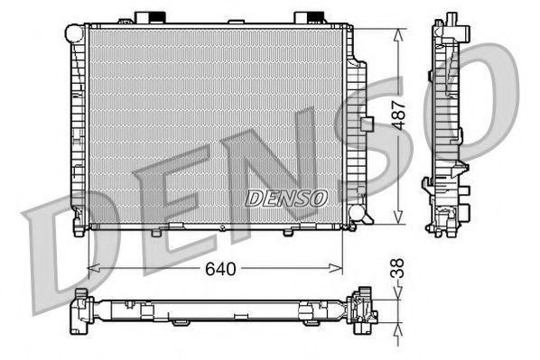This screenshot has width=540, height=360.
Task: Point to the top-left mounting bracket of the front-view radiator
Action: pos(148,18)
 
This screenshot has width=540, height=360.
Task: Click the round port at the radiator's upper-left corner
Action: pos(73,32)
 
